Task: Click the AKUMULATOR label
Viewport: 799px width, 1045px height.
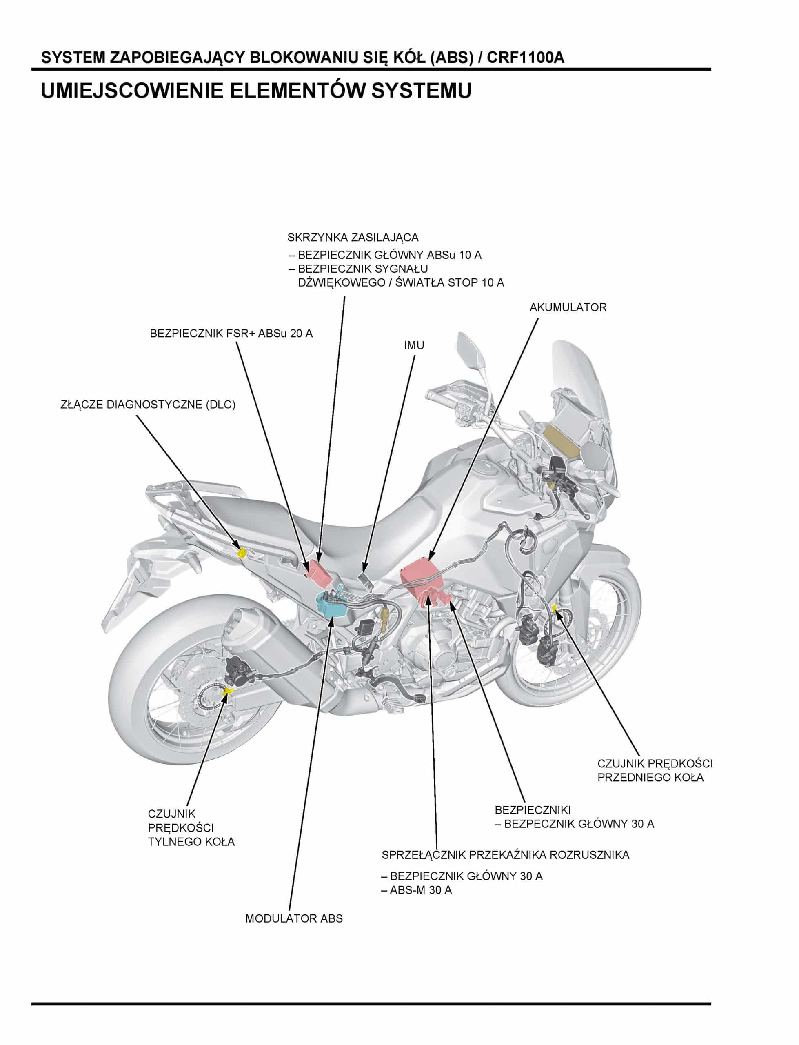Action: click(x=568, y=308)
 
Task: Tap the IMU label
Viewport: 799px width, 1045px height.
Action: click(x=414, y=346)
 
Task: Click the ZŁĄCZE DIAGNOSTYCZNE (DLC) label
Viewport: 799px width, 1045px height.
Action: click(x=148, y=405)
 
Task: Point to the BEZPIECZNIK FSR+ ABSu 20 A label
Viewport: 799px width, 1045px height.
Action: click(x=231, y=334)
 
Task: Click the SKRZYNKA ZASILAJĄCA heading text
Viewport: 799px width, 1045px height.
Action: click(x=353, y=237)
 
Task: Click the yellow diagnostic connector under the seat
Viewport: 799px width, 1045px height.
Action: click(x=242, y=553)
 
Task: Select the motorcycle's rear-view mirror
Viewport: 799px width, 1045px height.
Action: click(x=471, y=349)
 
